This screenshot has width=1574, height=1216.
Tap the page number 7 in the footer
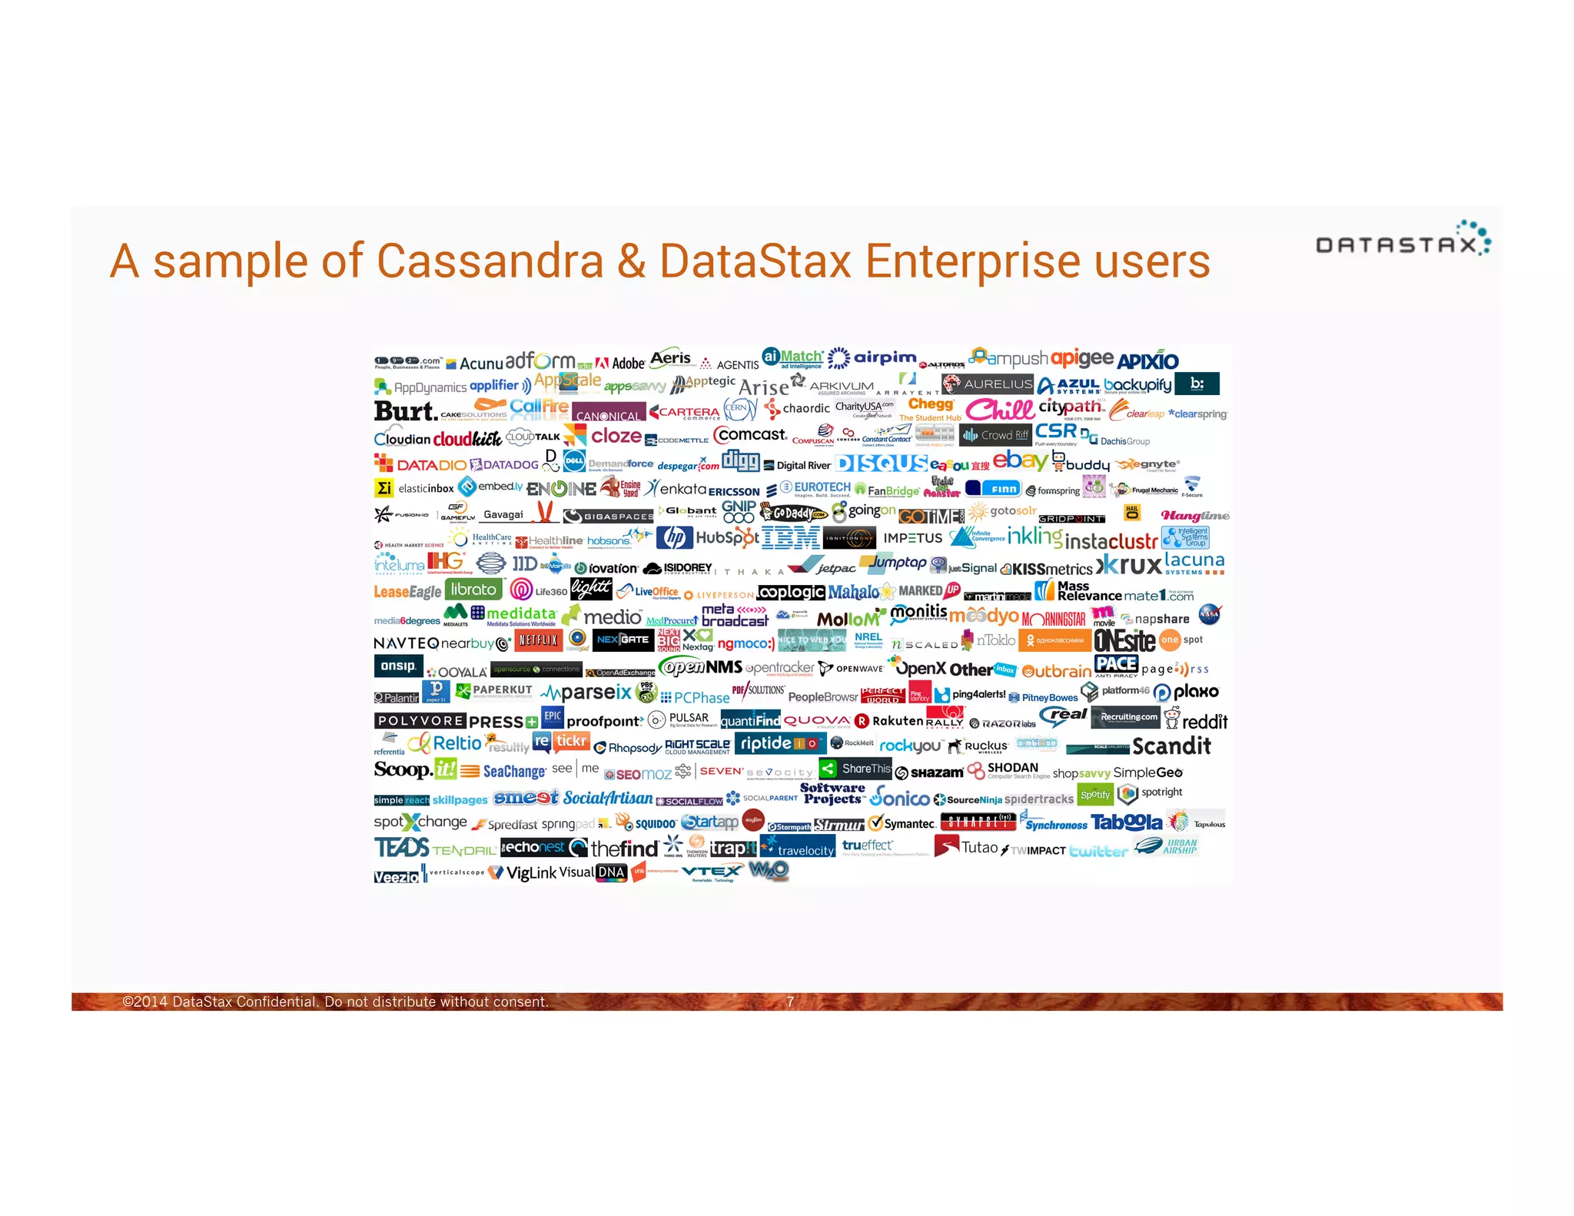pyautogui.click(x=789, y=1002)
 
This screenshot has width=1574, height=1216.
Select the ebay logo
pyautogui.click(x=1020, y=460)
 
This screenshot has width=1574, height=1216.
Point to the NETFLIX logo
pyautogui.click(x=538, y=640)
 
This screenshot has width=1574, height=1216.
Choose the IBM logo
pyautogui.click(x=790, y=537)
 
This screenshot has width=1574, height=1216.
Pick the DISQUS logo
pyautogui.click(x=882, y=463)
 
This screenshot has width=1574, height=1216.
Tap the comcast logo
pyautogui.click(x=750, y=435)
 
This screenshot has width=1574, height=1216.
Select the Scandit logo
pyautogui.click(x=1171, y=746)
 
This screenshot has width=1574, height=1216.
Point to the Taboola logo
pyautogui.click(x=1126, y=822)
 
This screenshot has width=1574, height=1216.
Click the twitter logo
pyautogui.click(x=1098, y=850)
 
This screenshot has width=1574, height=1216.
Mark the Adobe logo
pyautogui.click(x=621, y=363)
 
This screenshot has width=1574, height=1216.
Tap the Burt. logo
pyautogui.click(x=405, y=411)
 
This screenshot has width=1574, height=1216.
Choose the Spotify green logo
pyautogui.click(x=1094, y=795)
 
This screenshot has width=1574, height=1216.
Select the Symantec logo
pyautogui.click(x=902, y=823)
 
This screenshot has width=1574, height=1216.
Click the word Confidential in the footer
pyautogui.click(x=277, y=1002)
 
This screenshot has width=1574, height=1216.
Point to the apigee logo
pyautogui.click(x=1081, y=358)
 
